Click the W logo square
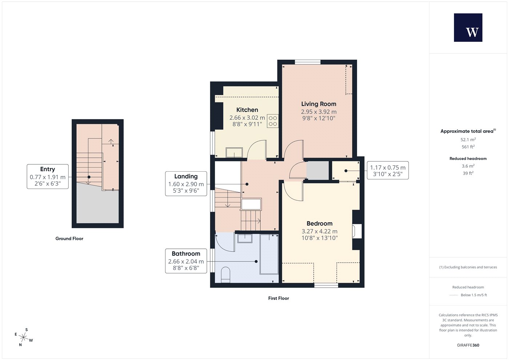[468, 28]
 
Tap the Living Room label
[318, 104]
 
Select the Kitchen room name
[247, 110]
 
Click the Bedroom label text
[320, 223]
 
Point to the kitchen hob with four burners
[273, 121]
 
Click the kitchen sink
[234, 152]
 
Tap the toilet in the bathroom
[225, 275]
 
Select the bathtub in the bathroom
[269, 254]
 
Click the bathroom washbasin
[245, 239]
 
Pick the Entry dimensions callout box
[48, 176]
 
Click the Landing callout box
[186, 183]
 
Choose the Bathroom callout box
[186, 261]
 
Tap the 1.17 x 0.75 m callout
[388, 171]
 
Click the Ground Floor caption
[69, 239]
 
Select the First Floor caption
[278, 298]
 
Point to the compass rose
[24, 337]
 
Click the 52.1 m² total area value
[468, 140]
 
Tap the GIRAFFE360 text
[468, 345]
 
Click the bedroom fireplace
[357, 231]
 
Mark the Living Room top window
[308, 62]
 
